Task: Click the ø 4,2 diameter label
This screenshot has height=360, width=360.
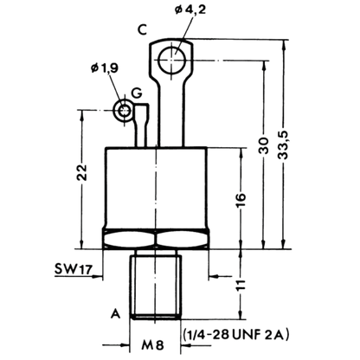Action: (x=190, y=10)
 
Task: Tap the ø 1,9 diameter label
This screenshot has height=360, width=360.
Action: (x=105, y=68)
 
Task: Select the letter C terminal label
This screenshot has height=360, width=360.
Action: (x=143, y=29)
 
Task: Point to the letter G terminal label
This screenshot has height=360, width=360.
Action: (x=136, y=93)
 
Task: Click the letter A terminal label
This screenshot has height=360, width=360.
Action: (x=116, y=313)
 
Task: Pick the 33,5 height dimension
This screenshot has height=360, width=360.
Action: (x=284, y=145)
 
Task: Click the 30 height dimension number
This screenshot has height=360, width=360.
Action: (x=264, y=145)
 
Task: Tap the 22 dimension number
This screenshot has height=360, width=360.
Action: (x=82, y=172)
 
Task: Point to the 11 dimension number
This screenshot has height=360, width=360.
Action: (x=241, y=285)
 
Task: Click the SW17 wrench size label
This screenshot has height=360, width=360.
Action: (x=74, y=269)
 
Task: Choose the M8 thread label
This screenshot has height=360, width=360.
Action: (x=153, y=345)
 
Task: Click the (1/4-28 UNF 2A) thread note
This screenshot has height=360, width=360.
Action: (x=235, y=335)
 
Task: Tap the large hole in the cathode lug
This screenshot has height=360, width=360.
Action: (x=172, y=60)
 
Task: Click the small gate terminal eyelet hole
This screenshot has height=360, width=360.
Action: (x=125, y=110)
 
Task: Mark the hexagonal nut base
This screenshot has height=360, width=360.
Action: (x=156, y=239)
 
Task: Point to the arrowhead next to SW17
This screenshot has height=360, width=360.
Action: (x=98, y=277)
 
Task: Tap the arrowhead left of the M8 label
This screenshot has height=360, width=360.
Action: (x=125, y=344)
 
